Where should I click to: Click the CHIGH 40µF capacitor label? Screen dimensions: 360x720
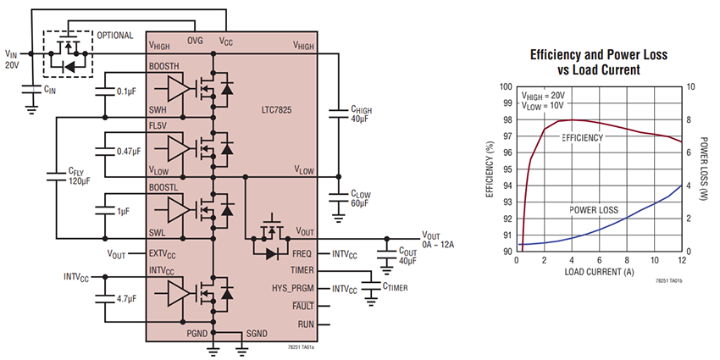click(362, 114)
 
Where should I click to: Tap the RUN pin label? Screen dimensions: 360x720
click(306, 324)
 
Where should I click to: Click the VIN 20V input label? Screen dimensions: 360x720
click(11, 59)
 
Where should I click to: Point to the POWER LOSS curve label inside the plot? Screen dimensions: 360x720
click(593, 208)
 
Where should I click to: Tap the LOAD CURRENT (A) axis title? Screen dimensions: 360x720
click(598, 272)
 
